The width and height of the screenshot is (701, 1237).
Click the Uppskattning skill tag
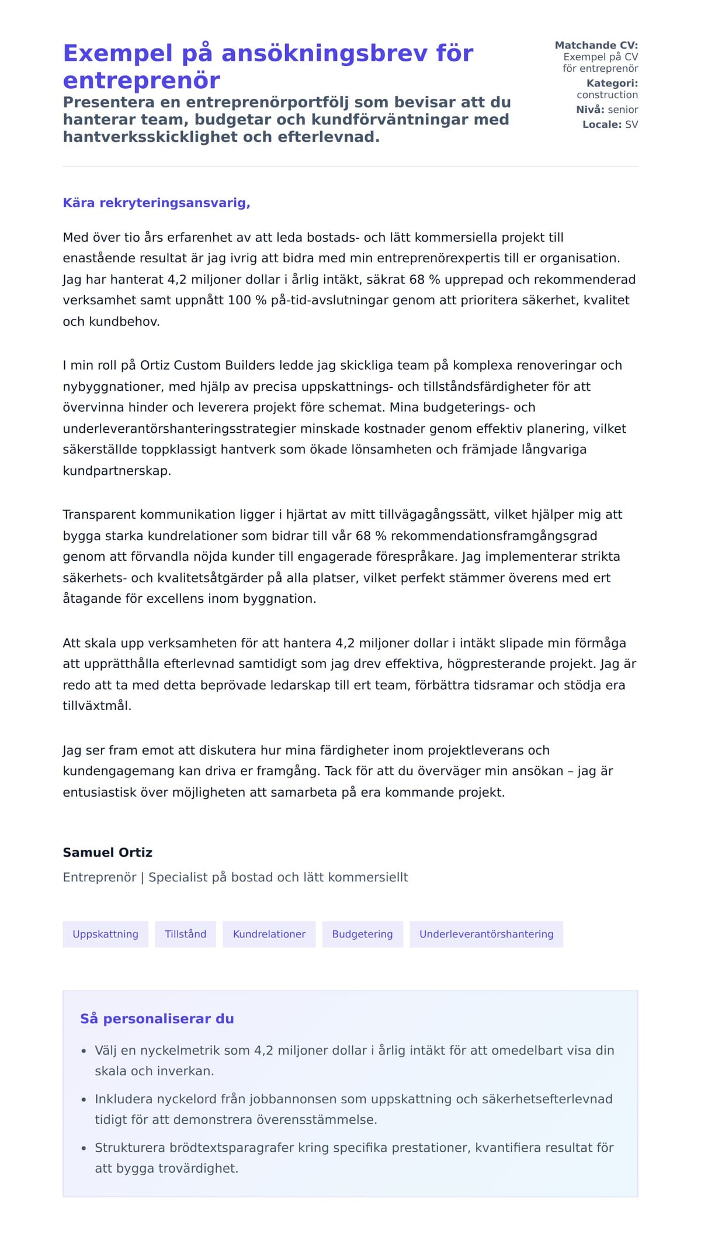(x=105, y=934)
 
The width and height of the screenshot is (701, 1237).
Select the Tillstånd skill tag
(x=185, y=934)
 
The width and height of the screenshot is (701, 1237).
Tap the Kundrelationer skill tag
(x=269, y=934)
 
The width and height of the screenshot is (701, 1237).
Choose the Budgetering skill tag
(x=362, y=934)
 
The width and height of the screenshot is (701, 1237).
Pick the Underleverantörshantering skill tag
(x=486, y=934)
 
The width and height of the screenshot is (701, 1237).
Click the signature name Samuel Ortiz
(x=107, y=852)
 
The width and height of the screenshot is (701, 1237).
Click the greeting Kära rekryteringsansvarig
(x=157, y=203)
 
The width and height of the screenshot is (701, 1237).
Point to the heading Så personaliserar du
(x=157, y=1019)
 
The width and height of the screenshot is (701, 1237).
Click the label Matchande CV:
(x=596, y=45)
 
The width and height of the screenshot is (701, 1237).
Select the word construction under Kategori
(x=607, y=95)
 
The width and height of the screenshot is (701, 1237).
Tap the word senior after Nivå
(x=623, y=109)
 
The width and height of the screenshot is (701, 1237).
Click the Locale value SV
(x=631, y=124)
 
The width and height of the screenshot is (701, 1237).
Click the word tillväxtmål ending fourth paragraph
(x=96, y=706)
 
